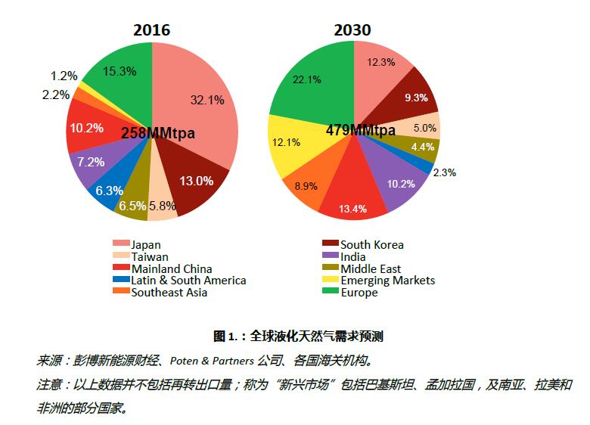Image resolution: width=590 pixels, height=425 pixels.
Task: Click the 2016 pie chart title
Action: pos(151,30)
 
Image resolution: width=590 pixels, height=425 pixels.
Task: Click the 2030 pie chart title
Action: pos(352,30)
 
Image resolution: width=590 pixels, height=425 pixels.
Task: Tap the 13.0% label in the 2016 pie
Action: pos(195,181)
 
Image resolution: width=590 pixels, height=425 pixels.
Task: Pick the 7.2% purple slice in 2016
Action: pos(91,162)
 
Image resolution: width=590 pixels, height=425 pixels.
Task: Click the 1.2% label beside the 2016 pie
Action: pos(64,76)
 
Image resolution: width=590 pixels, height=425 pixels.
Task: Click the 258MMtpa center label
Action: pos(158,133)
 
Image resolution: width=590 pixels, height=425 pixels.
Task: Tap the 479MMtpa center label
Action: pos(360,130)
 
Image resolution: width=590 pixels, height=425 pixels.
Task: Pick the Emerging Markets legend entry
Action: pos(387,281)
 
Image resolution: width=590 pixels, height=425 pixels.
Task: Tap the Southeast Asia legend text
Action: pos(168,293)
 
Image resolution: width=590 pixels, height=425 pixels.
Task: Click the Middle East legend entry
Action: pos(371,268)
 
